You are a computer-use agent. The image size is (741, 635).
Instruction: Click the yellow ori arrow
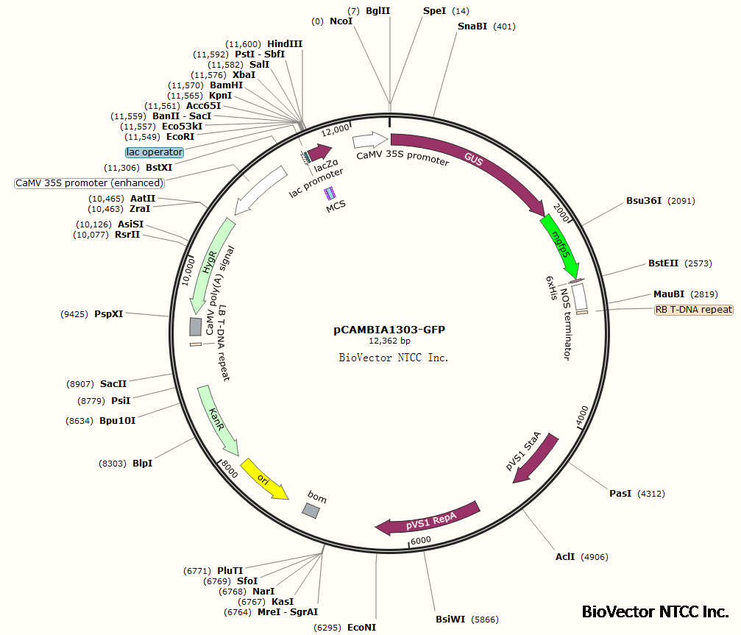(x=264, y=478)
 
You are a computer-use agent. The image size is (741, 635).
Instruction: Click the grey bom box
(x=311, y=510)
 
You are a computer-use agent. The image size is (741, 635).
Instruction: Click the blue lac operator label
(x=154, y=152)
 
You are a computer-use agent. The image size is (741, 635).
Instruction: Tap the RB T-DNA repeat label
(x=694, y=310)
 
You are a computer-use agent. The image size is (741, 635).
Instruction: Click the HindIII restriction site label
(x=285, y=44)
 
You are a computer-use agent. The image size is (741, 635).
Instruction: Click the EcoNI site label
(x=361, y=628)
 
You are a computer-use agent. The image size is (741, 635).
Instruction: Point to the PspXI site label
(x=109, y=314)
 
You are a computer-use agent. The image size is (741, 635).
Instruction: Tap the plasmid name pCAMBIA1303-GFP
(x=389, y=330)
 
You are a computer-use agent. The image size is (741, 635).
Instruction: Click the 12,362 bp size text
(x=389, y=341)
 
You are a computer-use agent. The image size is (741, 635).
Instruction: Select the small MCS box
(x=330, y=193)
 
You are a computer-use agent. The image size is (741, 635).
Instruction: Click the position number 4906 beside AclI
(x=595, y=557)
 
